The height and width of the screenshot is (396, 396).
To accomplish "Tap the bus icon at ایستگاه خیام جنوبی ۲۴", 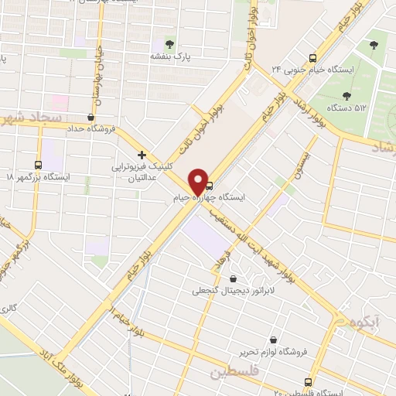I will click(312, 57).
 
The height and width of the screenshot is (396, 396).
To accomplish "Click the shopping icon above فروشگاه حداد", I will click(91, 117).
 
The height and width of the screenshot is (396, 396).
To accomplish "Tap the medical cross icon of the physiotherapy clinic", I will click(142, 155).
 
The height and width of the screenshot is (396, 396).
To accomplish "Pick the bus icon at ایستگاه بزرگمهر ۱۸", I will click(39, 164).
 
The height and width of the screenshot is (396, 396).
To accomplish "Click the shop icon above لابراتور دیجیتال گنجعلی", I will click(233, 279).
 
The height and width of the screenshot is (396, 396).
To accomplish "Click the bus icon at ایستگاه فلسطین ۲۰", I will click(309, 382).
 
